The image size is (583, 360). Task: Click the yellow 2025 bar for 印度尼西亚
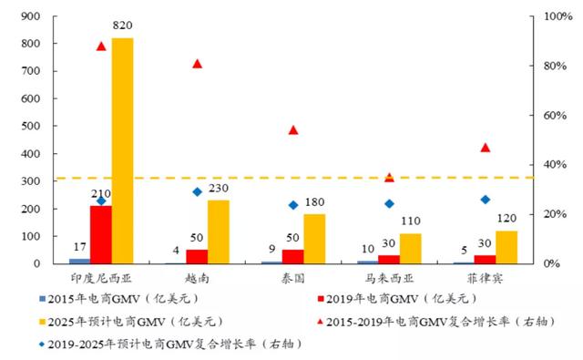click(122, 150)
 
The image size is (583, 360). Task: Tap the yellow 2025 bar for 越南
click(219, 231)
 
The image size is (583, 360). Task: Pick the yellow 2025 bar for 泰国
click(314, 239)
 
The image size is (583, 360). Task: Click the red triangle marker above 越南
click(198, 64)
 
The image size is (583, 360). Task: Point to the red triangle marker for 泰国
click(293, 130)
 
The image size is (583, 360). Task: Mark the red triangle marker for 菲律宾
click(485, 148)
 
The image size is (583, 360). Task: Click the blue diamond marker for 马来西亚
click(389, 204)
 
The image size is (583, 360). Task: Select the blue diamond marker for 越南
click(198, 191)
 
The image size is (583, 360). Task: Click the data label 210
click(100, 194)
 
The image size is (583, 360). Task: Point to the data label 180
click(314, 202)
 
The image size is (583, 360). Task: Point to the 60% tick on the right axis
click(556, 116)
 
